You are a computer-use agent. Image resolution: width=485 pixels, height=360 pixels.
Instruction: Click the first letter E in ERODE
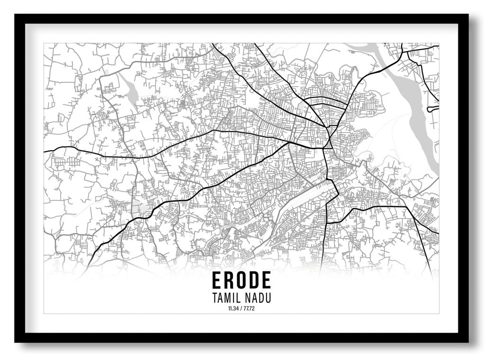click(x=217, y=280)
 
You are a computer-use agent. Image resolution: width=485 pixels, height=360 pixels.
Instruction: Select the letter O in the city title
click(x=242, y=280)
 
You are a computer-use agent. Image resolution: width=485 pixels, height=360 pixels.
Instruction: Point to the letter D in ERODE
click(x=254, y=280)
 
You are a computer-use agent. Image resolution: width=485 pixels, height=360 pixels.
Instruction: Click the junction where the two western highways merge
click(x=289, y=142)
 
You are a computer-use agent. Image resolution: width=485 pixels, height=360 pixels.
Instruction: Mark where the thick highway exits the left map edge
click(x=45, y=152)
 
